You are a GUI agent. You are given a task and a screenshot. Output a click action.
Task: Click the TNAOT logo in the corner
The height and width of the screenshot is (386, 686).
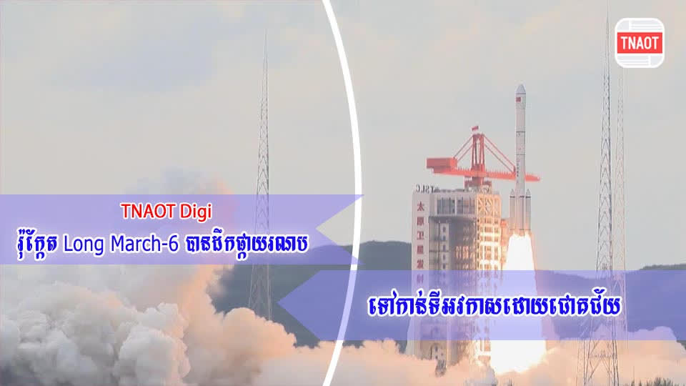(x=640, y=41)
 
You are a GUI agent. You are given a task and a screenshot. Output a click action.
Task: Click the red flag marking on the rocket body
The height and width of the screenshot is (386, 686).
(x=520, y=114)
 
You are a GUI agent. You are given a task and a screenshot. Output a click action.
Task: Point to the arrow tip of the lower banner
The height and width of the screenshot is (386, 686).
(x=282, y=305)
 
